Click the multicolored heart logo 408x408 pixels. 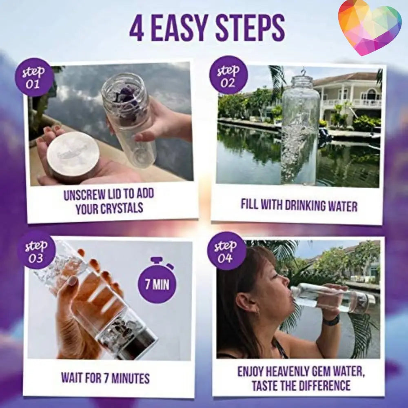369,27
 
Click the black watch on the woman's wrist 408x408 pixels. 331,321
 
